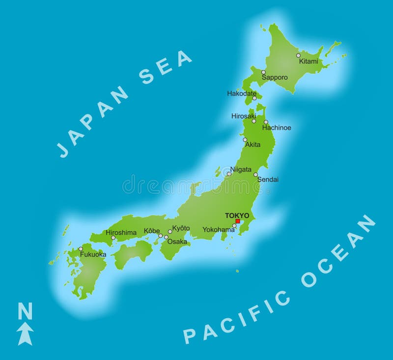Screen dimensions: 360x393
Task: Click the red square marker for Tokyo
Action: pyautogui.click(x=238, y=221)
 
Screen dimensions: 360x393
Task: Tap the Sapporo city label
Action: pyautogui.click(x=275, y=77)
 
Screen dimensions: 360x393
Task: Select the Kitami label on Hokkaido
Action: pyautogui.click(x=309, y=61)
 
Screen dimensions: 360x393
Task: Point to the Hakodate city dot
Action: pyautogui.click(x=254, y=98)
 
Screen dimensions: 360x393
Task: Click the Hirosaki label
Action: pyautogui.click(x=244, y=116)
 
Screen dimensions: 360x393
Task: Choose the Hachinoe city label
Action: pyautogui.click(x=277, y=128)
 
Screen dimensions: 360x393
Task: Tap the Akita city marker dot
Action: pyautogui.click(x=245, y=139)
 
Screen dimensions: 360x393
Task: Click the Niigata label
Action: pyautogui.click(x=241, y=169)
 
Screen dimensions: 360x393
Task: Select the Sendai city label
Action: pyautogui.click(x=268, y=180)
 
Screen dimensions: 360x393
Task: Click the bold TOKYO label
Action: pyautogui.click(x=237, y=215)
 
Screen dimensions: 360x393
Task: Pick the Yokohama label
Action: pyautogui.click(x=219, y=229)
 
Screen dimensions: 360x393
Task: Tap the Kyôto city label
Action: pyautogui.click(x=181, y=228)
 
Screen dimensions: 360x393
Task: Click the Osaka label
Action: pyautogui.click(x=177, y=241)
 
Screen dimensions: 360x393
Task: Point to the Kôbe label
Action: pyautogui.click(x=152, y=231)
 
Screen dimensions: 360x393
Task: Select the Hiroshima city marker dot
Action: pyautogui.click(x=113, y=238)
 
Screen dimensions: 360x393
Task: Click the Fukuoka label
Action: pyautogui.click(x=93, y=254)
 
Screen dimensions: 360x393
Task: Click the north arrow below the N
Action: pyautogui.click(x=25, y=334)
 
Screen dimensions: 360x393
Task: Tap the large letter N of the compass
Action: pyautogui.click(x=25, y=311)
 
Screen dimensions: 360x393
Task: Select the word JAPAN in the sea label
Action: pyautogui.click(x=93, y=123)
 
